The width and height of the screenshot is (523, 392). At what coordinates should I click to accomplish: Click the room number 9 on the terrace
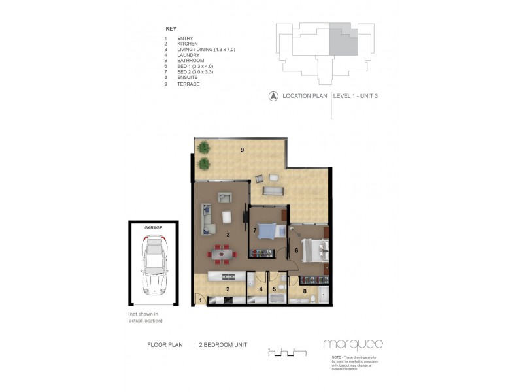click(x=242, y=150)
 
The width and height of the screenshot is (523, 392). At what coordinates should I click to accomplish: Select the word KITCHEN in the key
click(x=188, y=44)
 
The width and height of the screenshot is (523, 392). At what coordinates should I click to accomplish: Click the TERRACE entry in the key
click(x=188, y=84)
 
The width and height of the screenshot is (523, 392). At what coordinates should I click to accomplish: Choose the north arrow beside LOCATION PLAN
click(x=272, y=97)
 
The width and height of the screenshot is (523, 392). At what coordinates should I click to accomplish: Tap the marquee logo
click(x=352, y=344)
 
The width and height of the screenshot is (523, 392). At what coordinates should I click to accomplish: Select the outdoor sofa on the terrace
click(x=272, y=191)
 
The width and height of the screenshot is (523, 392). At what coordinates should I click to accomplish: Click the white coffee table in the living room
click(x=226, y=217)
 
